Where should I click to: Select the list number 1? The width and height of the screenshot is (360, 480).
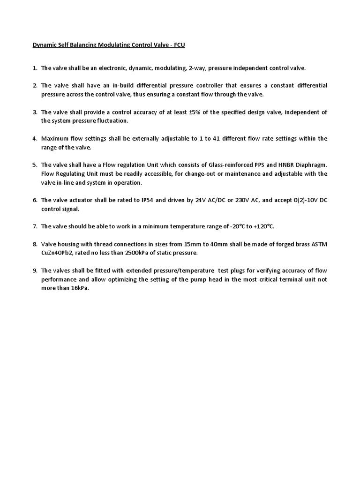(x=35, y=68)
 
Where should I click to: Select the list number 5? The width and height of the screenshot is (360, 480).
(x=35, y=165)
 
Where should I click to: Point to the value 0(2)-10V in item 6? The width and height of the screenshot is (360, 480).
(x=300, y=200)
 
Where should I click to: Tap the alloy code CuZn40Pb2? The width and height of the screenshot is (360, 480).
(x=59, y=253)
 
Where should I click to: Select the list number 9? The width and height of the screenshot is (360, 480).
(x=35, y=270)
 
